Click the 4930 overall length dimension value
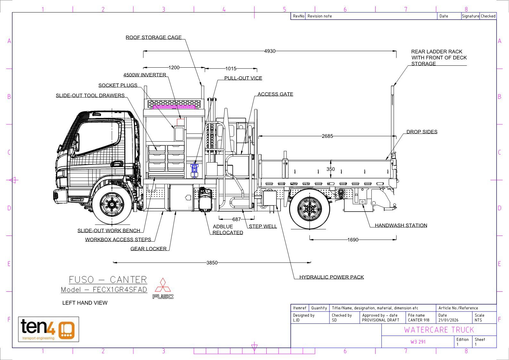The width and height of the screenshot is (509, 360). coord(270,51)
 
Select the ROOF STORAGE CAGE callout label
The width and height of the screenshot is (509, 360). coord(154,37)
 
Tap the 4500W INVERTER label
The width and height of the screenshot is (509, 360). coord(145,75)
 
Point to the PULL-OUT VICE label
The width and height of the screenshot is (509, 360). coord(243,78)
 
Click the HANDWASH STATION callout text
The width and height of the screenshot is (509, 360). coord(401,225)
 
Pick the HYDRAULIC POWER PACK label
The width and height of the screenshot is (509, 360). coord(331,277)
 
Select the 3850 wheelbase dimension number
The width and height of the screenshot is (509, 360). coord(212,263)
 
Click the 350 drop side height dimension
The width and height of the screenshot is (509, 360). coord(330,169)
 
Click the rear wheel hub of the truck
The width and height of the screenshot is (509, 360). coord(310,208)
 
